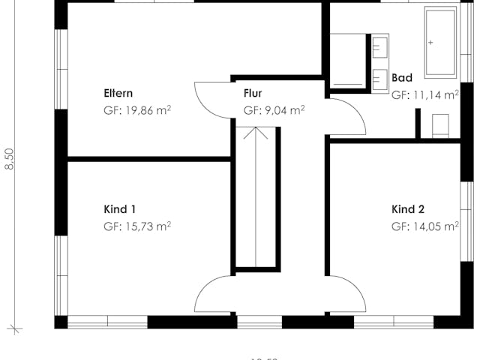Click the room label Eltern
118,94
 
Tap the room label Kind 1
119,209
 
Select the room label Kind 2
408,209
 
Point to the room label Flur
253,94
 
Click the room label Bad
402,77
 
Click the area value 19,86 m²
138,110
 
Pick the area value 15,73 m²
138,226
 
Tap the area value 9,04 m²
274,110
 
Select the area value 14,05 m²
425,226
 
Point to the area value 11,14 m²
425,95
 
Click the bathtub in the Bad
441,42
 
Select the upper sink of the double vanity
380,46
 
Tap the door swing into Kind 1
214,295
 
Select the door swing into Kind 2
346,295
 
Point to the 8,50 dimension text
10,160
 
